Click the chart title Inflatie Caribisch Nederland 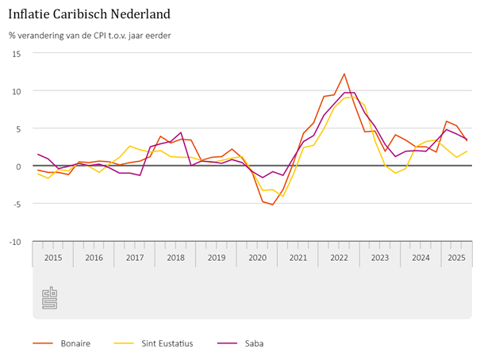tap(88, 14)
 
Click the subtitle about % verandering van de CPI tap(89, 35)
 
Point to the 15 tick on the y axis tap(16, 53)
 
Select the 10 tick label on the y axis tap(16, 90)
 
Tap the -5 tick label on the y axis tap(15, 203)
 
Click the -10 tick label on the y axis tap(13, 241)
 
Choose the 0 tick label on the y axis tap(18, 166)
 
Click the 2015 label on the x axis tap(53, 258)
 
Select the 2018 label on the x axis tap(175, 258)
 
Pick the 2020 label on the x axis tap(257, 258)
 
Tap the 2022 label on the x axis tap(339, 258)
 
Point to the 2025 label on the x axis tap(456, 258)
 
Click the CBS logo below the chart tap(50, 298)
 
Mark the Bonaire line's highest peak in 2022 tap(344, 74)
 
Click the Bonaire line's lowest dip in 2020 tap(273, 205)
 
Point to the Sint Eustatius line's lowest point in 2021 tap(283, 196)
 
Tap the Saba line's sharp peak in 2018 tap(181, 132)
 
